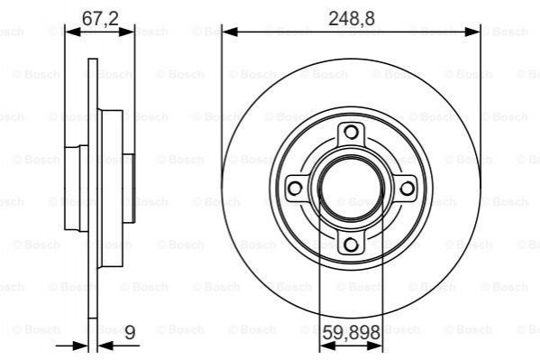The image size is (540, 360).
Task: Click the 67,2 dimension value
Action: pos(100,18)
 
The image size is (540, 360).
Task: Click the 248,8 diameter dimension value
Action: pos(352,18)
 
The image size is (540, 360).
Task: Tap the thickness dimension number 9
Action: pos(130,333)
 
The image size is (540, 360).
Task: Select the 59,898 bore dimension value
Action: pos(352,333)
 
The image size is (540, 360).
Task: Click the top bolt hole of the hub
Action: pos(351,132)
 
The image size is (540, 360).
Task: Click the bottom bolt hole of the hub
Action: pos(351,245)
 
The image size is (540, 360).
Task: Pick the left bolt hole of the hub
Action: pos(295,189)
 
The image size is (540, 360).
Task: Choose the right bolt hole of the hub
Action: pos(407,189)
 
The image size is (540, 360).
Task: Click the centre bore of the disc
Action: pos(351,189)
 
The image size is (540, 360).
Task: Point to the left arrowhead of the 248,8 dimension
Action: pos(230,32)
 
